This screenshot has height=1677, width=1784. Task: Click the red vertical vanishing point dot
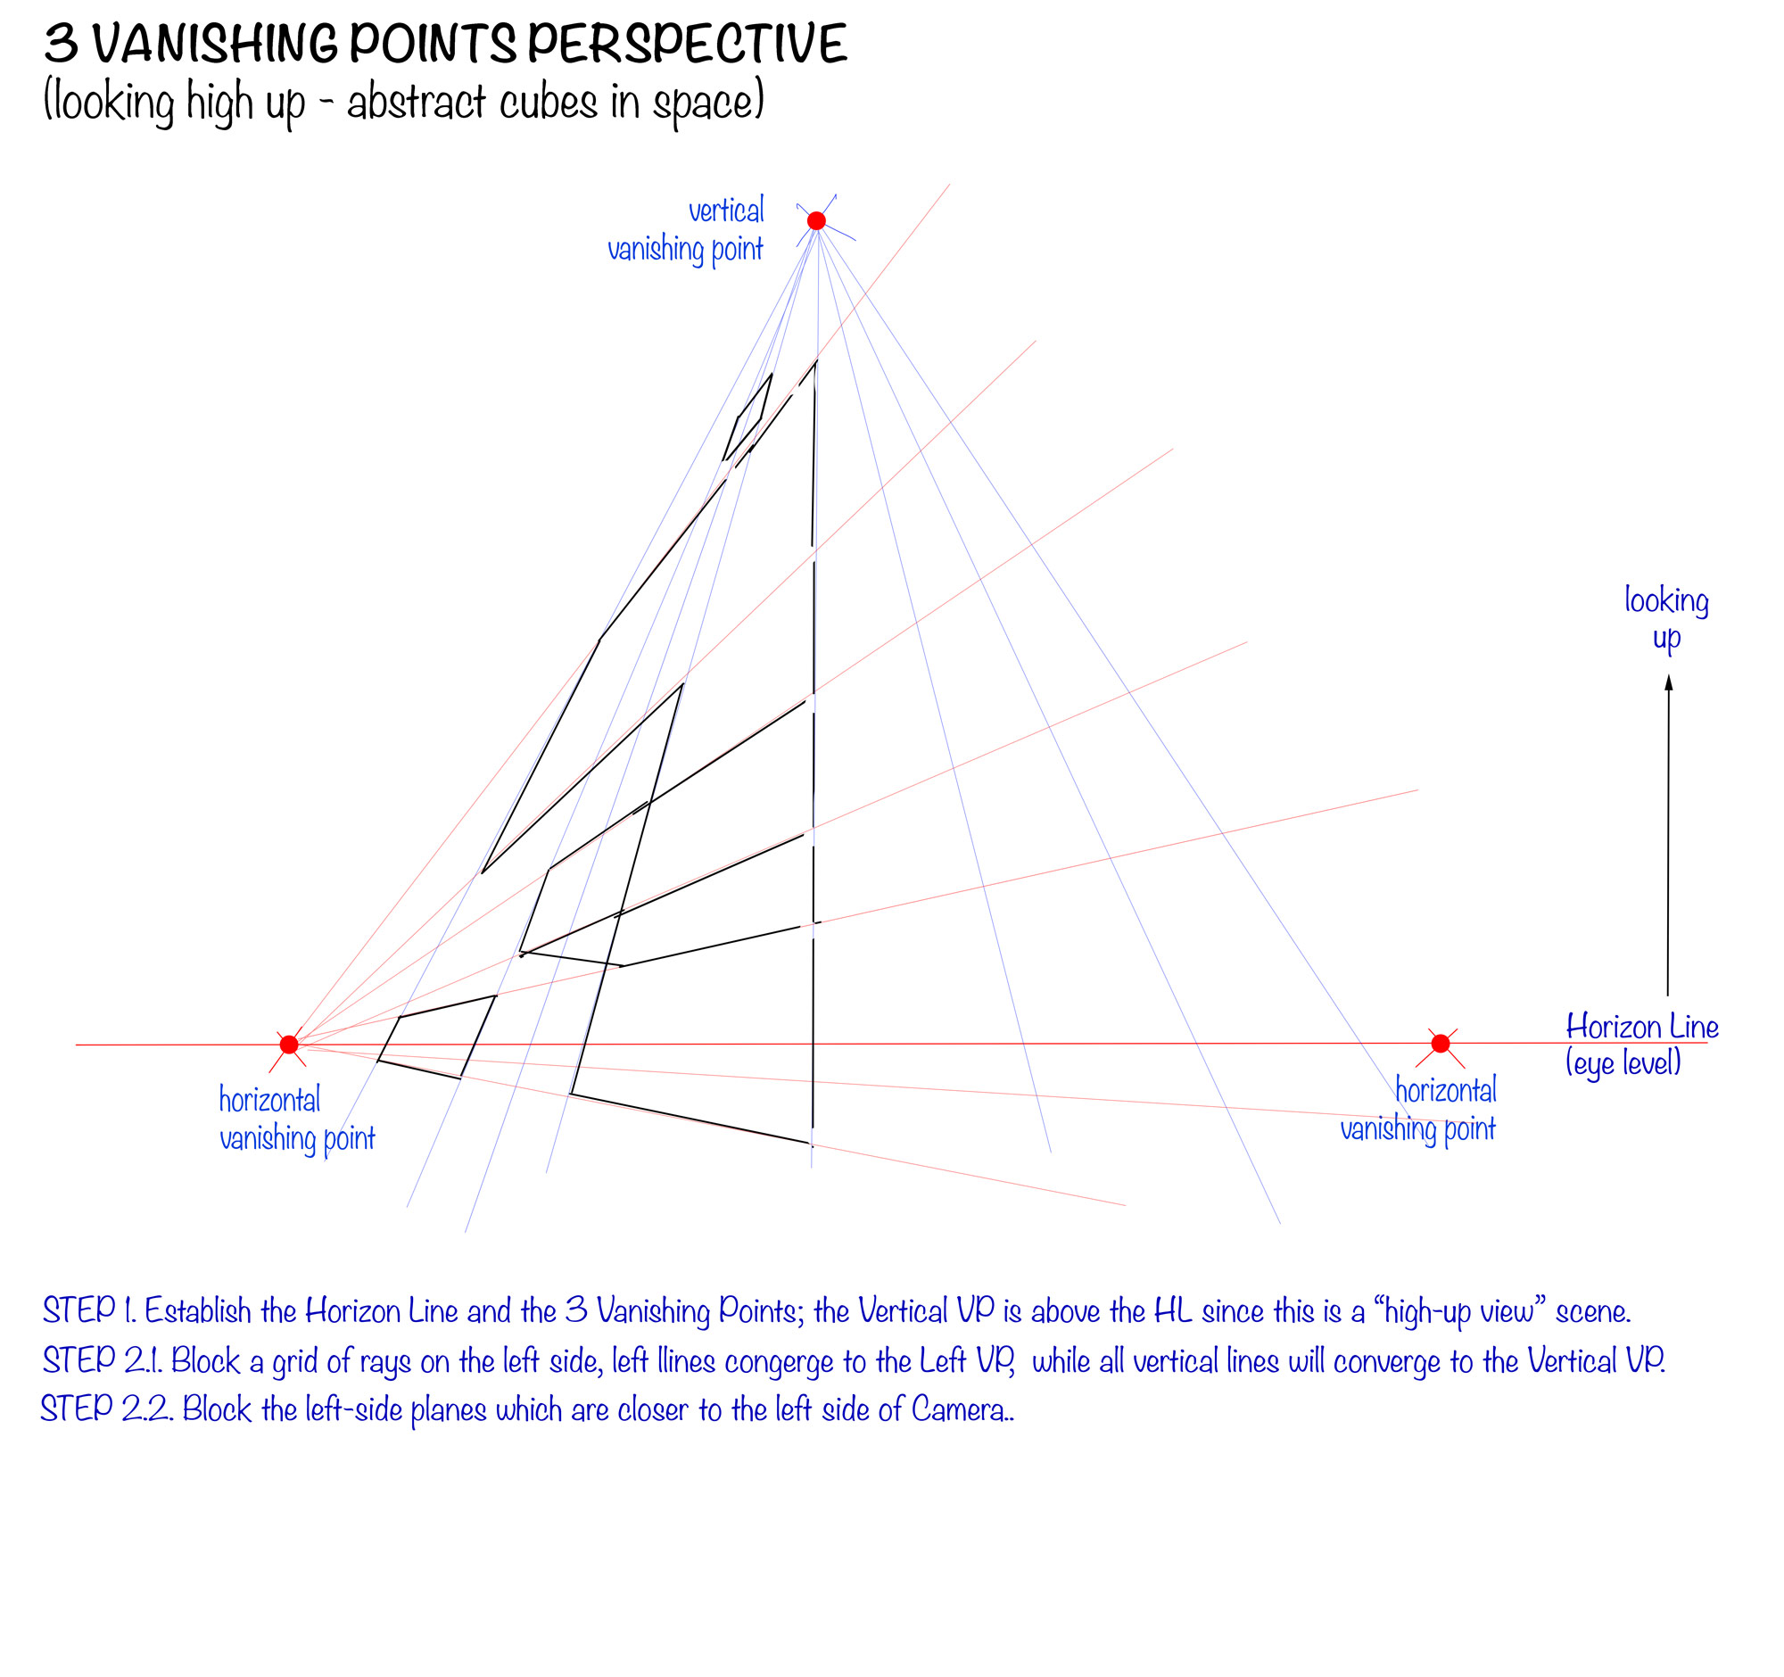tap(815, 220)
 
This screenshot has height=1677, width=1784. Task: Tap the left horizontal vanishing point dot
tap(289, 1045)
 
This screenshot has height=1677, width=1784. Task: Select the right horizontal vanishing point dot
tap(1441, 1043)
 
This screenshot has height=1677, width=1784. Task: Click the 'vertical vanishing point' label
tap(687, 230)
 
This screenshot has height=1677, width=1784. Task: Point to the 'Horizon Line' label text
tap(1641, 1026)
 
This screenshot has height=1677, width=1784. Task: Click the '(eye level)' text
tap(1623, 1063)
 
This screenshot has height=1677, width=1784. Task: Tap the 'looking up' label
tap(1665, 617)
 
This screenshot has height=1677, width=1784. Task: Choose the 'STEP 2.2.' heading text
tap(107, 1409)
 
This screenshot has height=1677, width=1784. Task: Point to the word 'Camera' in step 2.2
tap(958, 1409)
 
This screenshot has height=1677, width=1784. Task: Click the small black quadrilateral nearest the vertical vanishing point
tap(748, 417)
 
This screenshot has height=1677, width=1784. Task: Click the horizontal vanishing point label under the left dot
tap(296, 1118)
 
